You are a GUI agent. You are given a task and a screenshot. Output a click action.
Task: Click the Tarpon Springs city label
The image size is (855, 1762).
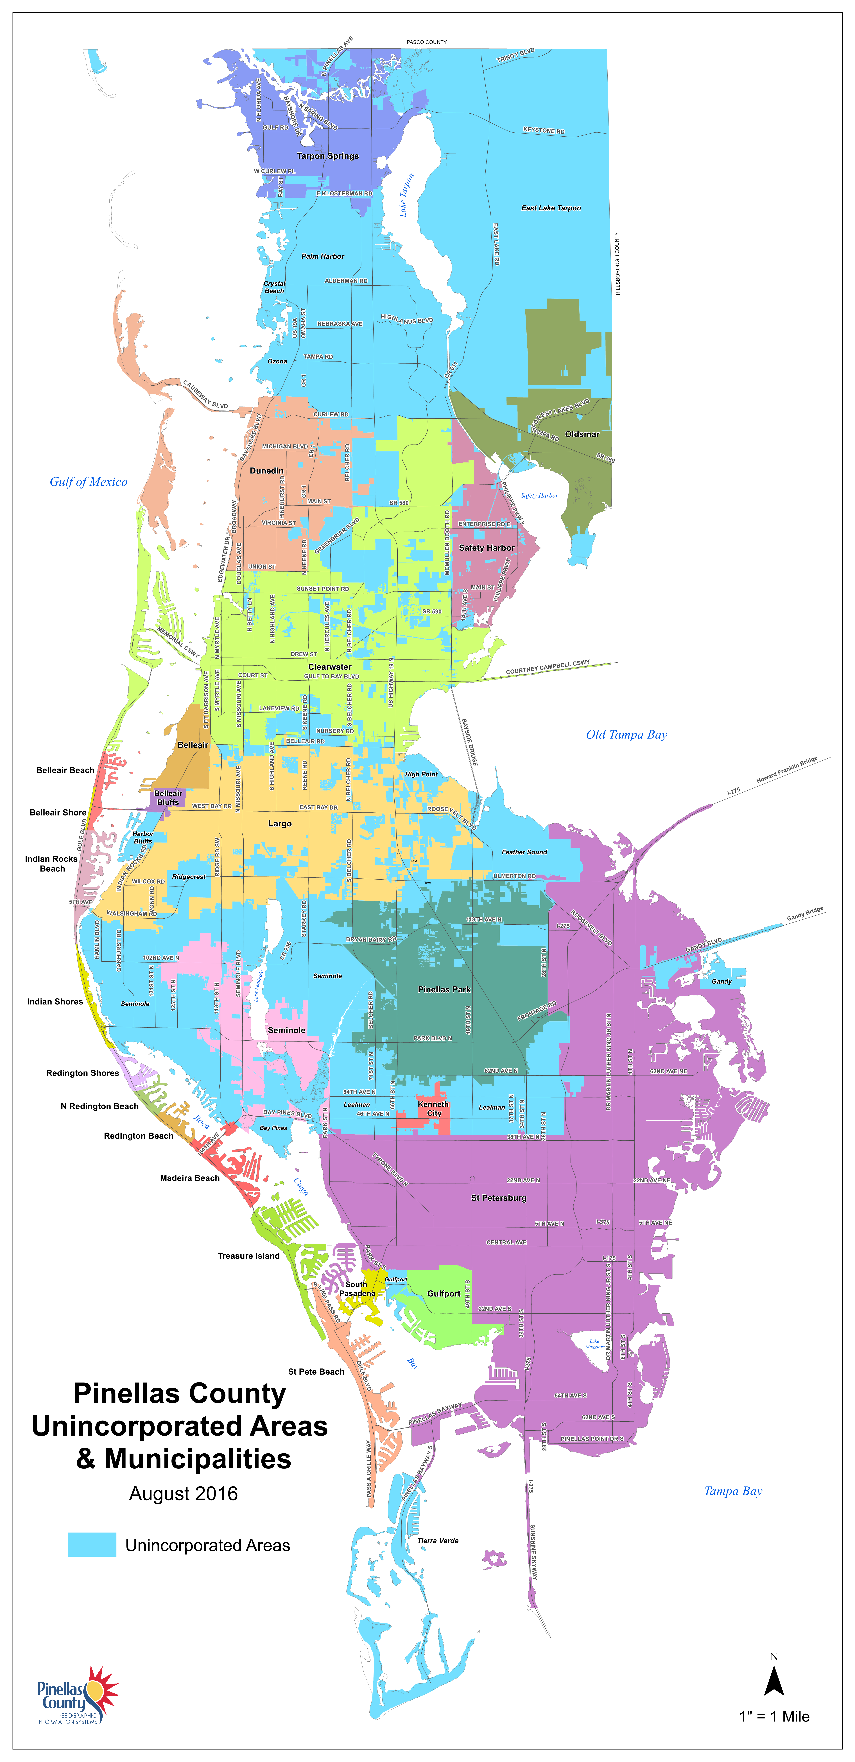pos(328,156)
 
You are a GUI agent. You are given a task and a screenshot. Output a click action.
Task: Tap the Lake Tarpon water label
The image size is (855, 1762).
pos(407,195)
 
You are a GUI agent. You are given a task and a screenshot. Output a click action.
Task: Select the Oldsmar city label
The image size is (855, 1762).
pos(582,434)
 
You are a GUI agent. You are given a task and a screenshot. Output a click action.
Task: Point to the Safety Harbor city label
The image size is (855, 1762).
pos(486,548)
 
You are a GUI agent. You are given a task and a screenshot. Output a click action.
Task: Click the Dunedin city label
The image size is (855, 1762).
pos(267,471)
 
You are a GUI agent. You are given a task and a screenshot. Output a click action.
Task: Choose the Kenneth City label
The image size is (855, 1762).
pos(434,1109)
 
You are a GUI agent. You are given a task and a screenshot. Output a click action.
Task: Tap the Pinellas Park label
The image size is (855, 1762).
pos(444,990)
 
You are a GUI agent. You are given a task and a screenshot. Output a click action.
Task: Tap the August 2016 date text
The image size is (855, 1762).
pos(183,1494)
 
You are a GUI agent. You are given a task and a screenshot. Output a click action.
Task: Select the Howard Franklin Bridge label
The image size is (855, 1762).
pos(787,770)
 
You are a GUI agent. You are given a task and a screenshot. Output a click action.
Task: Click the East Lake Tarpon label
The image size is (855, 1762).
pos(551,208)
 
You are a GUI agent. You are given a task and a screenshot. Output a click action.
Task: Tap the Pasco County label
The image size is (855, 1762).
pos(427,42)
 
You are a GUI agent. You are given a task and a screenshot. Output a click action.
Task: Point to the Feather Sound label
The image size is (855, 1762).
pos(524,852)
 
